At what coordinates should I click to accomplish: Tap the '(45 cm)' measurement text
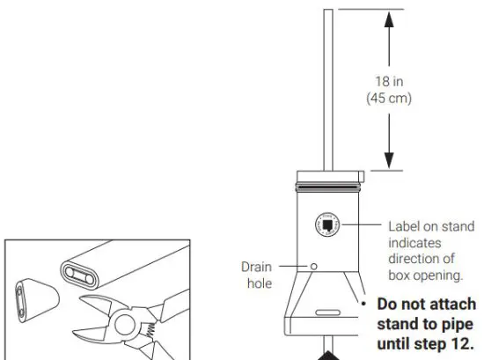(388, 97)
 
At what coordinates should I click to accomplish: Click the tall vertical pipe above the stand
(328, 88)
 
